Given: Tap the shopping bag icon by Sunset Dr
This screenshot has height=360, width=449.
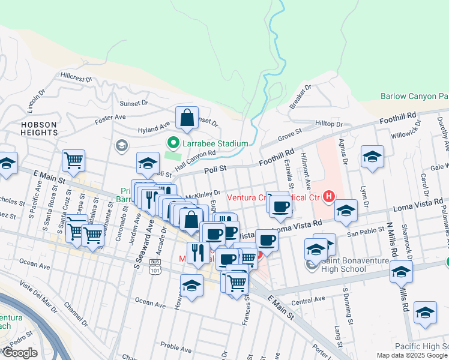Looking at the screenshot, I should click(187, 118).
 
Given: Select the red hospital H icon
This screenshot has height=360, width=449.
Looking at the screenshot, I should click(328, 196).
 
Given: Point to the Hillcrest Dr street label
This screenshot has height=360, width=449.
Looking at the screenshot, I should click(76, 77).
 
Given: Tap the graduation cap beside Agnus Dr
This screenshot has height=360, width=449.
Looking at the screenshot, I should click(372, 157).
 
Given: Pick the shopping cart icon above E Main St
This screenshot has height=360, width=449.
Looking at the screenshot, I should click(73, 160).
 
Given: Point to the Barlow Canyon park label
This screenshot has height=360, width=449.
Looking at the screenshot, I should click(414, 96).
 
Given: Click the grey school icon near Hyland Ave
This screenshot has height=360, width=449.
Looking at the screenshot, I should click(121, 145).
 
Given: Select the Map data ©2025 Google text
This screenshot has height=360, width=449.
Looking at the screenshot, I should click(412, 355).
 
